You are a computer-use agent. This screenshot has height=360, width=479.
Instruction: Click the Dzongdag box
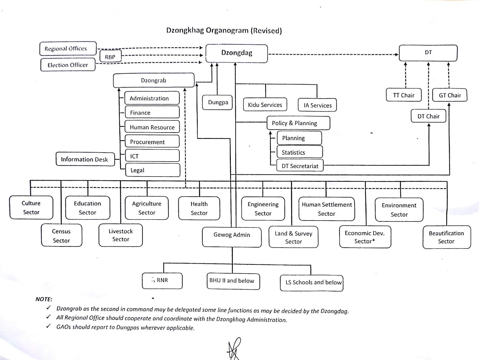(236, 53)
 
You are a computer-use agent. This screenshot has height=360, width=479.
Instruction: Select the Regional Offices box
(68, 49)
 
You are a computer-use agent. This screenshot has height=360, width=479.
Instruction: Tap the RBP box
(110, 57)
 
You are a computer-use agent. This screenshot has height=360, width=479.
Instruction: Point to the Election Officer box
(68, 65)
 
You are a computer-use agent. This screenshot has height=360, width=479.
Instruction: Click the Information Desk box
(85, 159)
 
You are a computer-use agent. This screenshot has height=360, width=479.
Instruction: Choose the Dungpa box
(218, 102)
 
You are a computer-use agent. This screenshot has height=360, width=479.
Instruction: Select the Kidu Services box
(265, 105)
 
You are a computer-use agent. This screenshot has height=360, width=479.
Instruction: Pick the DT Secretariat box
(300, 166)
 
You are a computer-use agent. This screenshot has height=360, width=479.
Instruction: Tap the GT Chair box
(449, 95)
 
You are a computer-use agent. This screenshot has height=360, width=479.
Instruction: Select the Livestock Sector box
(121, 235)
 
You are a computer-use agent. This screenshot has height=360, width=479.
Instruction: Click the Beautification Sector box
(446, 237)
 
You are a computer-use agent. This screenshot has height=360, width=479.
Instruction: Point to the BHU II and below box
(233, 281)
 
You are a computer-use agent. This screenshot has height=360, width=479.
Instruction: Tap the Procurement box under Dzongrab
(152, 142)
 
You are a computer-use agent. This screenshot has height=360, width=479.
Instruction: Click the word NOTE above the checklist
(44, 299)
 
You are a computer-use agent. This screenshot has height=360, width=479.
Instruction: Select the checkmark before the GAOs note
(48, 326)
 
